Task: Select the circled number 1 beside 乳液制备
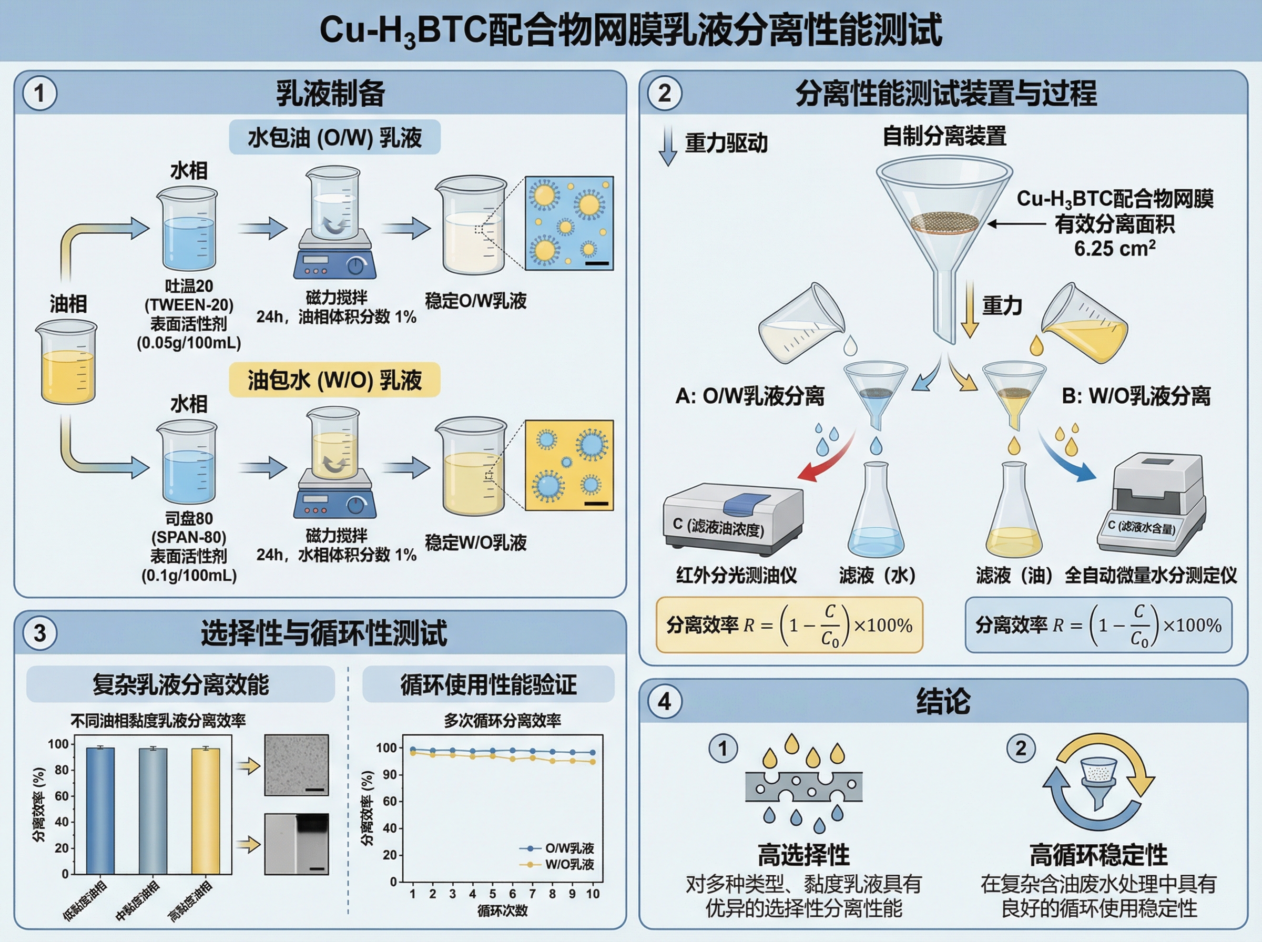[39, 94]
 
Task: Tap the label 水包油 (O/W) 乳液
[334, 137]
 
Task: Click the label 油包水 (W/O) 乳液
[334, 380]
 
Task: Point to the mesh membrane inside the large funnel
[944, 222]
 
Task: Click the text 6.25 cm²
[1114, 249]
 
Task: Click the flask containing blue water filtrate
[876, 513]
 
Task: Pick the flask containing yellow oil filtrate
[1014, 513]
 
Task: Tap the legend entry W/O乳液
[568, 864]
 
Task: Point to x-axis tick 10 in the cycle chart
[593, 894]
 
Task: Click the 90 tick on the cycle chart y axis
[390, 774]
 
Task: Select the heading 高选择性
[803, 855]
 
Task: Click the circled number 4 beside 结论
[664, 701]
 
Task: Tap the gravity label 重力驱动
[726, 142]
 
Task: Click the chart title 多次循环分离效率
[502, 721]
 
